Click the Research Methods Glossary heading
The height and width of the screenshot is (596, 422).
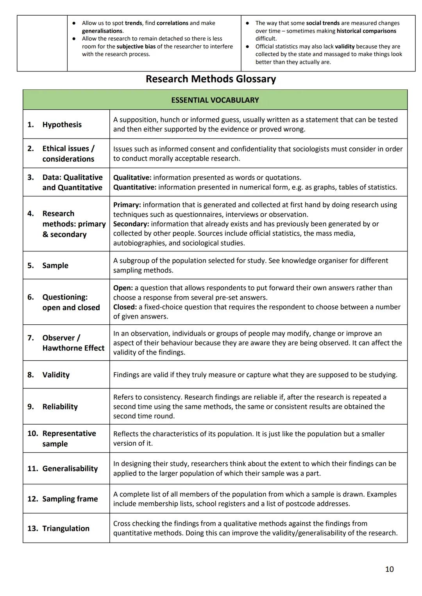tap(211, 79)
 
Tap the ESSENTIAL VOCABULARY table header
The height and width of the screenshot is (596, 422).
tap(215, 100)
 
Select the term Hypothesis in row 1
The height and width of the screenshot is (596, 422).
tap(62, 125)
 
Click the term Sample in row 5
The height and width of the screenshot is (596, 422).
tap(55, 265)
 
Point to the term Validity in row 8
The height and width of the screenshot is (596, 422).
tap(56, 375)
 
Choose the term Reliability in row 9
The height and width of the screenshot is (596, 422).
tap(60, 407)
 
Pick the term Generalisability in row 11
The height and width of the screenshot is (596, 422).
tap(70, 469)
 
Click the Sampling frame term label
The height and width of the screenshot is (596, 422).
tap(70, 499)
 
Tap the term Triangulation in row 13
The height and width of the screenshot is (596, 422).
tap(66, 528)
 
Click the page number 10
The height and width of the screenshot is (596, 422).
tap(389, 569)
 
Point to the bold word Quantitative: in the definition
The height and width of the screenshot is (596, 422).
tap(134, 187)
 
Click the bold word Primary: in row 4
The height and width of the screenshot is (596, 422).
tap(127, 205)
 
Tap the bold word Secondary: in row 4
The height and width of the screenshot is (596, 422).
tap(131, 224)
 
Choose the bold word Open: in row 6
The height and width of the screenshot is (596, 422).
tap(123, 288)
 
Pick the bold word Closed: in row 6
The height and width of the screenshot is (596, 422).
tap(125, 307)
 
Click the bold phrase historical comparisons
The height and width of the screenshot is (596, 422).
tap(366, 31)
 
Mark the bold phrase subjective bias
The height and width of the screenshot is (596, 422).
tap(136, 46)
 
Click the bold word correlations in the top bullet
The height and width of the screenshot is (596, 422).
tap(172, 23)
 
